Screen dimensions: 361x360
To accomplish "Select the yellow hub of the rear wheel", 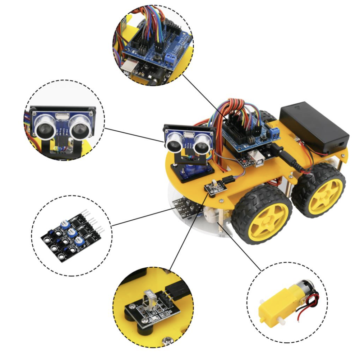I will (325, 192).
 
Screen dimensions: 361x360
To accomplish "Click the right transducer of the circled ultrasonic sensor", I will (79, 126).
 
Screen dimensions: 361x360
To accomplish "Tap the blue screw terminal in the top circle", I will (171, 60).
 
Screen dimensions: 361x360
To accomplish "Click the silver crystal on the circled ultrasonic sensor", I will (62, 116).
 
